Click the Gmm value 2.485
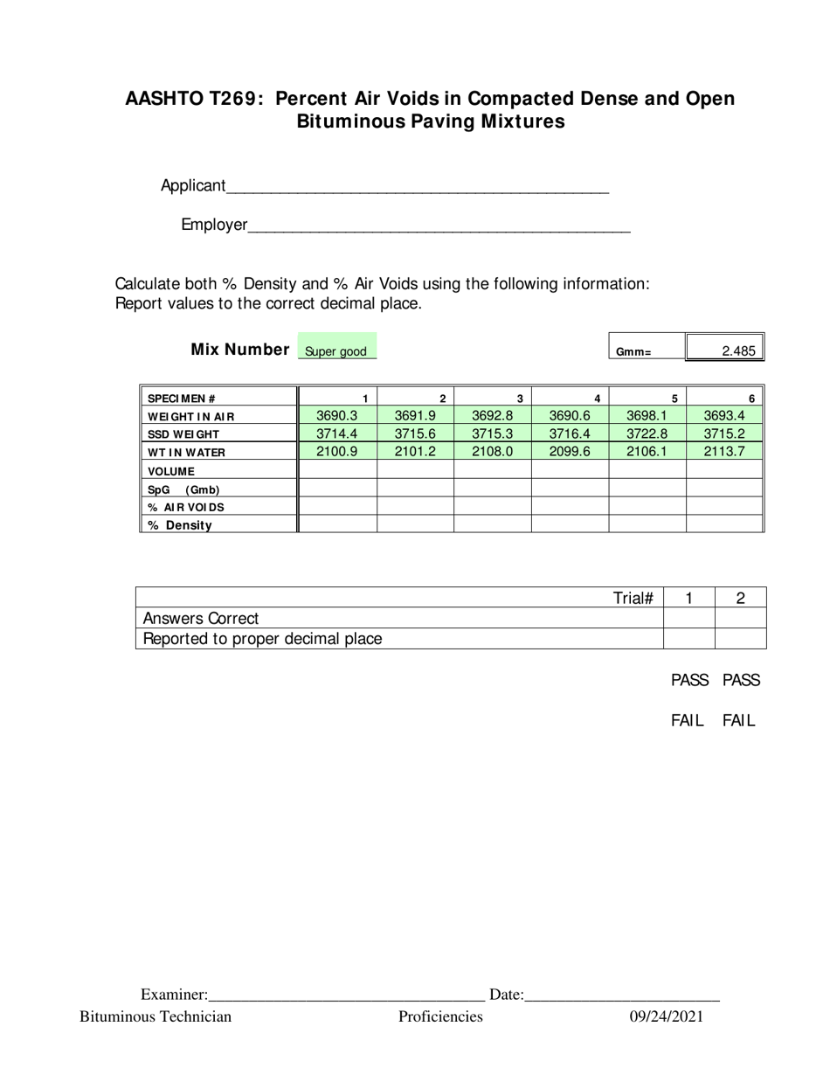coord(737,351)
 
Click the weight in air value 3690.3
coord(336,416)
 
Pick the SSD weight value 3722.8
coord(647,433)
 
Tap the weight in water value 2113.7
coord(724,452)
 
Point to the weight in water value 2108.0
coord(492,452)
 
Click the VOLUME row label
coord(171,471)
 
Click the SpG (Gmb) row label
coord(183,489)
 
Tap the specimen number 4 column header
coord(597,399)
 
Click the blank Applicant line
coord(417,186)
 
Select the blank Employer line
coord(439,225)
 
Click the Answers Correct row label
coord(201,618)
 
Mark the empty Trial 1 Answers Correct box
coord(688,618)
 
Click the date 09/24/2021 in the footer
coord(667,1016)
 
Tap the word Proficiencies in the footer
coord(440,1016)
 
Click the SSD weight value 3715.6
coord(415,433)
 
